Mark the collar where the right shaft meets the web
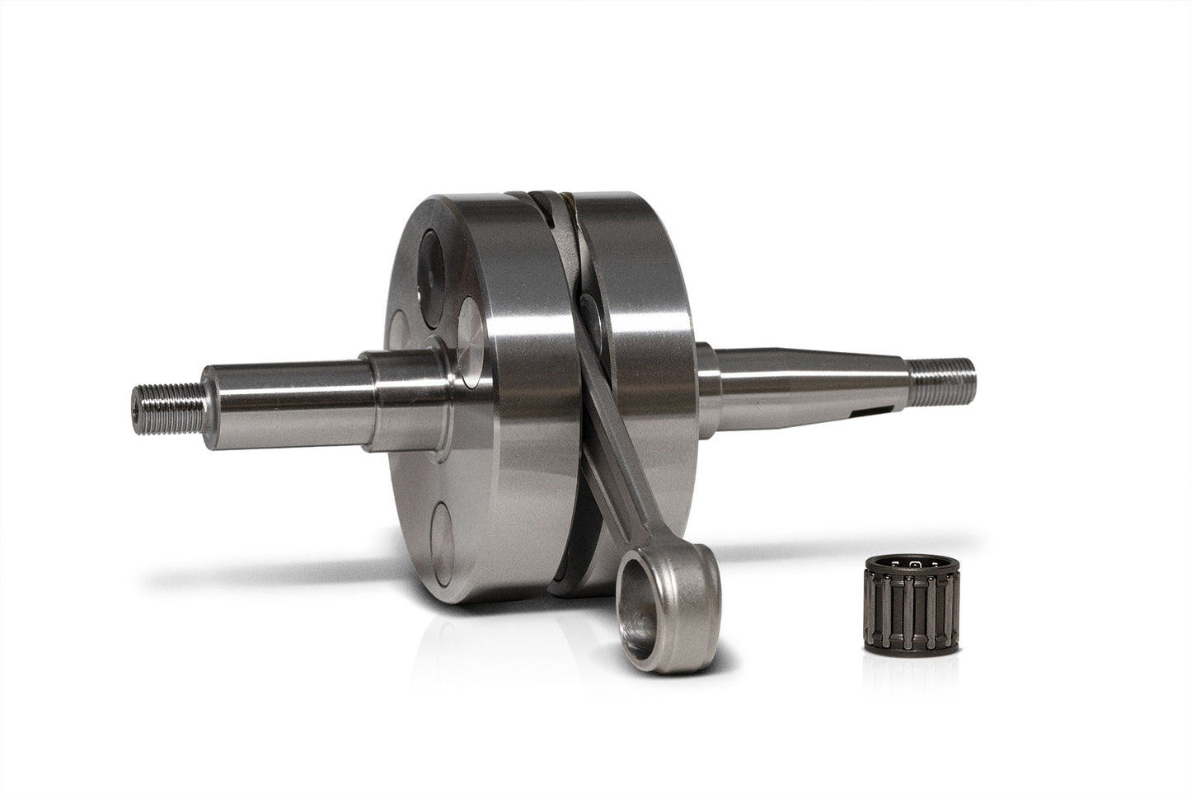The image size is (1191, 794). [706, 363]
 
